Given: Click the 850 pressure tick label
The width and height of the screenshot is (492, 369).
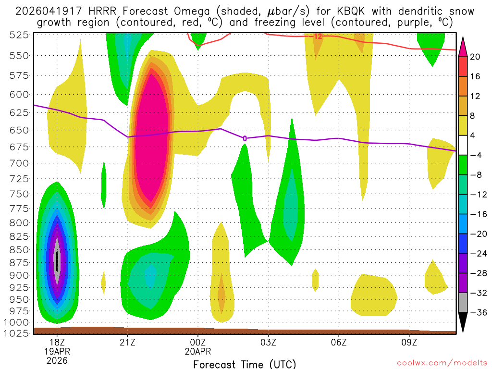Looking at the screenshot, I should coord(18,250).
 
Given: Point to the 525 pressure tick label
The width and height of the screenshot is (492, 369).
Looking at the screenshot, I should coord(18,35).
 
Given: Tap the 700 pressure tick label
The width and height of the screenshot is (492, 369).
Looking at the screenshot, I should coord(18,163).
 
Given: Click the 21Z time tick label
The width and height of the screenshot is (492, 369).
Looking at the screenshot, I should coord(127,343).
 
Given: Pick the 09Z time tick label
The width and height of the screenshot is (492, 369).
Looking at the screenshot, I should coord(409,343).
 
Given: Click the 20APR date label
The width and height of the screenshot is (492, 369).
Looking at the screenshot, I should coord(198,352).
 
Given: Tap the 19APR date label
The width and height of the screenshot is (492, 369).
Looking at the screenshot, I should coord(57,352).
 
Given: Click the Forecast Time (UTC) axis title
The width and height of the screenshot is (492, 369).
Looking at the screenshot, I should coord(245,364).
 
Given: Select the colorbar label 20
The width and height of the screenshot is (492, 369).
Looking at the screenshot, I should coord(476,57).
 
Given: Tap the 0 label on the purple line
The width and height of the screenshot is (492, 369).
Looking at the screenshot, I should coord(245,138).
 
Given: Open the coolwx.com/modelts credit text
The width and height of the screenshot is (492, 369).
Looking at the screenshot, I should coord(445,364).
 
